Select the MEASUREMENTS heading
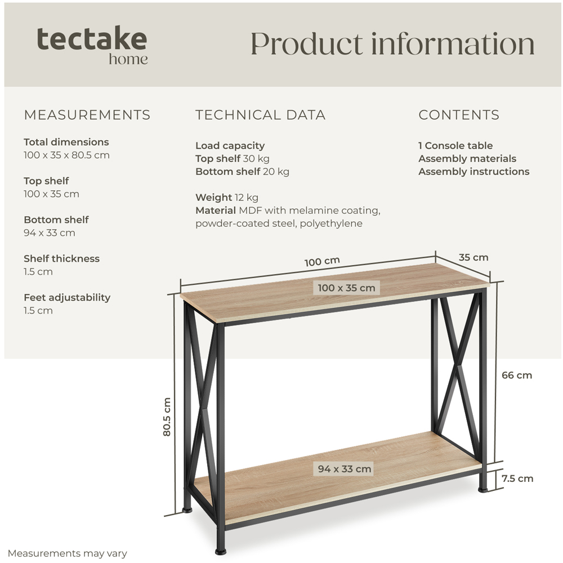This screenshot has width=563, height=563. [x=87, y=115]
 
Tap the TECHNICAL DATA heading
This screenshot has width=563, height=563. [x=260, y=115]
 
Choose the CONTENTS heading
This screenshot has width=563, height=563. [x=459, y=115]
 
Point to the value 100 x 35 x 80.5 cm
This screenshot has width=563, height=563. [x=66, y=155]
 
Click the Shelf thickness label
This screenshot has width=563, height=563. [x=61, y=258]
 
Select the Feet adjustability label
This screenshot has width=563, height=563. [x=67, y=298]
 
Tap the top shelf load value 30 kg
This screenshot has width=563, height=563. [x=256, y=159]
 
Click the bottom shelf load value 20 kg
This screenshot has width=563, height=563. [x=276, y=172]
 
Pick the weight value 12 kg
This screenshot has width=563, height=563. [x=247, y=198]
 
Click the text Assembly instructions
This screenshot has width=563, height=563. [x=473, y=172]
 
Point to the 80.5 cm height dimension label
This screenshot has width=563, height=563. [x=167, y=417]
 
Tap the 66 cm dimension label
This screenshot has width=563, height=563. [x=517, y=375]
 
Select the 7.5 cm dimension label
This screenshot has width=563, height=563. [x=517, y=479]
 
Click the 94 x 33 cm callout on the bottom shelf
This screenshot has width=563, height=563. [x=345, y=469]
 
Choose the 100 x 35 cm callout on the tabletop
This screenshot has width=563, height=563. [x=346, y=288]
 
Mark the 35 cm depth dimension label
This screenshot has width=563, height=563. [x=473, y=257]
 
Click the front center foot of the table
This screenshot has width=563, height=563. [x=221, y=551]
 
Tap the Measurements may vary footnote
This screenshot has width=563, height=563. [x=67, y=553]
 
